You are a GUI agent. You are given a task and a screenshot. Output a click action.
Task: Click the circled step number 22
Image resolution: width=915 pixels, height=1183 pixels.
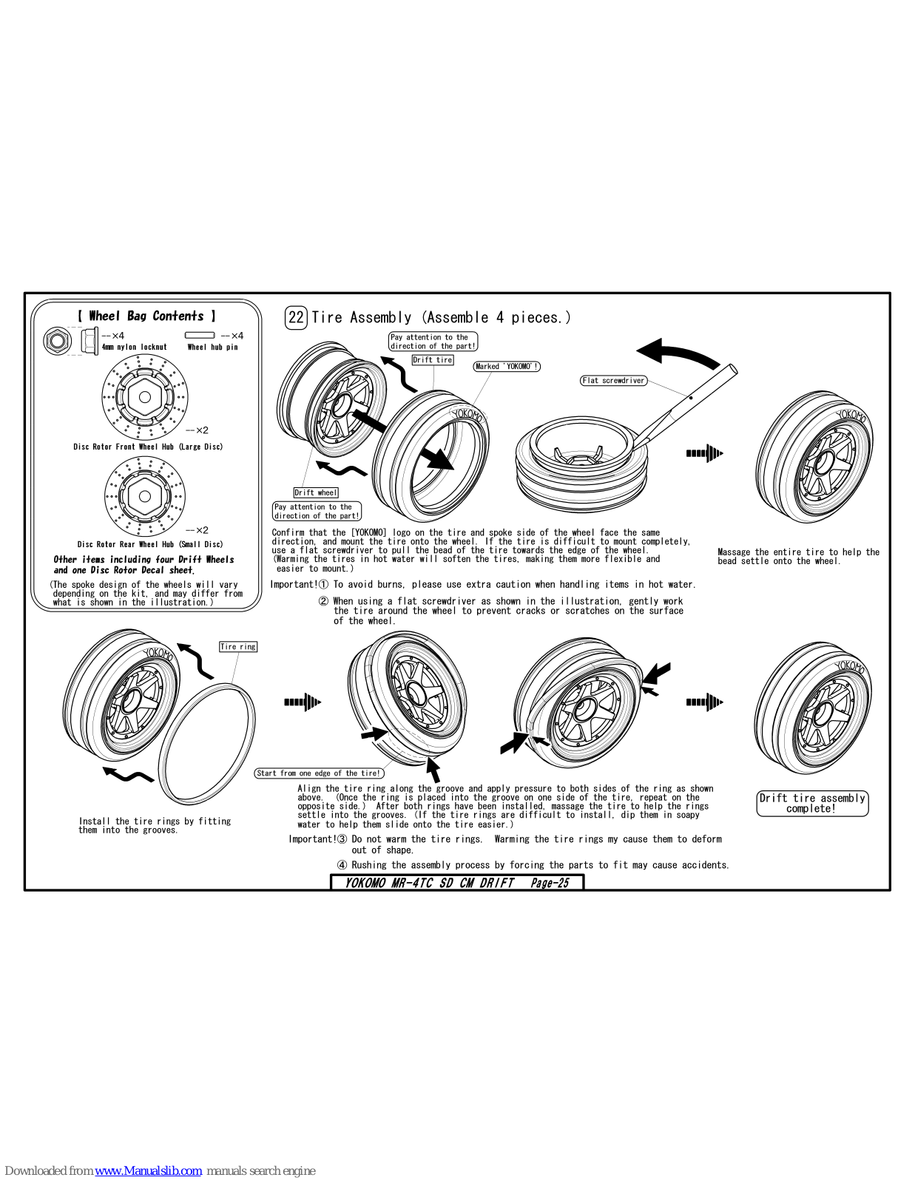tap(296, 317)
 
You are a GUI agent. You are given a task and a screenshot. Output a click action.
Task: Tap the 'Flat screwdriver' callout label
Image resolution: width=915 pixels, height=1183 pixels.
tap(613, 381)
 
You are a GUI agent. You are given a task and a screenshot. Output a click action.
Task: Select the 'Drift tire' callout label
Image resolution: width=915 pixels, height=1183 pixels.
tap(433, 360)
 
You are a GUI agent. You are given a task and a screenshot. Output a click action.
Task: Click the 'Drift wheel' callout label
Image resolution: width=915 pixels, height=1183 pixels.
tap(316, 492)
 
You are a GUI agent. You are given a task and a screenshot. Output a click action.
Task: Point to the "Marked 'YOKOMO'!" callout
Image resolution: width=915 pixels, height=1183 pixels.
tap(507, 367)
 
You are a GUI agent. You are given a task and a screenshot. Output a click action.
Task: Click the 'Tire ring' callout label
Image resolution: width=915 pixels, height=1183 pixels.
tap(238, 647)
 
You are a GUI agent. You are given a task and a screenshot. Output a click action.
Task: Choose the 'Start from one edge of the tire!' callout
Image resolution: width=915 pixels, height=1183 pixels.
tap(319, 773)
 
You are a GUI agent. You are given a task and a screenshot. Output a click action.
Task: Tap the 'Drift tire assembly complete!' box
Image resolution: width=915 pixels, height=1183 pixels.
tap(812, 803)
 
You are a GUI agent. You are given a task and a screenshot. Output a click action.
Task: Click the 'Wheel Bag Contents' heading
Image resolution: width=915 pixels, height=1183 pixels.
tap(146, 316)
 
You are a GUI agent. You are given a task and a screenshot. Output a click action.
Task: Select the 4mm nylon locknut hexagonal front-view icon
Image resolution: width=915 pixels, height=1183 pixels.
tap(57, 341)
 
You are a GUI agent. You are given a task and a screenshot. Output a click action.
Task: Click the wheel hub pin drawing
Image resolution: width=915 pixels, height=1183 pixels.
tap(199, 336)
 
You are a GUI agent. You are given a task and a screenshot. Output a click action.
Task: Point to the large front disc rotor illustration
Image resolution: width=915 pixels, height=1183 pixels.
tap(145, 397)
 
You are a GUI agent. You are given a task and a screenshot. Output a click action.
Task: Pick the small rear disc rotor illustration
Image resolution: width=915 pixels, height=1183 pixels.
tap(145, 496)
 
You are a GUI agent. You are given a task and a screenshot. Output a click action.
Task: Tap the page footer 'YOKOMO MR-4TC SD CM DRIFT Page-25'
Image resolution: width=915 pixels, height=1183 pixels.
tap(457, 883)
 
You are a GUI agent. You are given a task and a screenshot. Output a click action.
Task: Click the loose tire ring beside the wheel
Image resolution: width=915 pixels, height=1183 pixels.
tap(208, 744)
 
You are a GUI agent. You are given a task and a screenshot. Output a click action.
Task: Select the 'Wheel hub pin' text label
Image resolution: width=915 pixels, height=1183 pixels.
tap(212, 347)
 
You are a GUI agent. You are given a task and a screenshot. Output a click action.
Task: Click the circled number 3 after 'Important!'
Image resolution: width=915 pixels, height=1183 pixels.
tap(342, 839)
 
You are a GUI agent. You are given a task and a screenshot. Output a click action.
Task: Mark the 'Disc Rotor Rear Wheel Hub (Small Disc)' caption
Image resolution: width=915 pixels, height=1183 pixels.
tap(149, 544)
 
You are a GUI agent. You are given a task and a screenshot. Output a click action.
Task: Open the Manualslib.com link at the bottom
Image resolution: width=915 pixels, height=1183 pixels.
tap(148, 1170)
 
